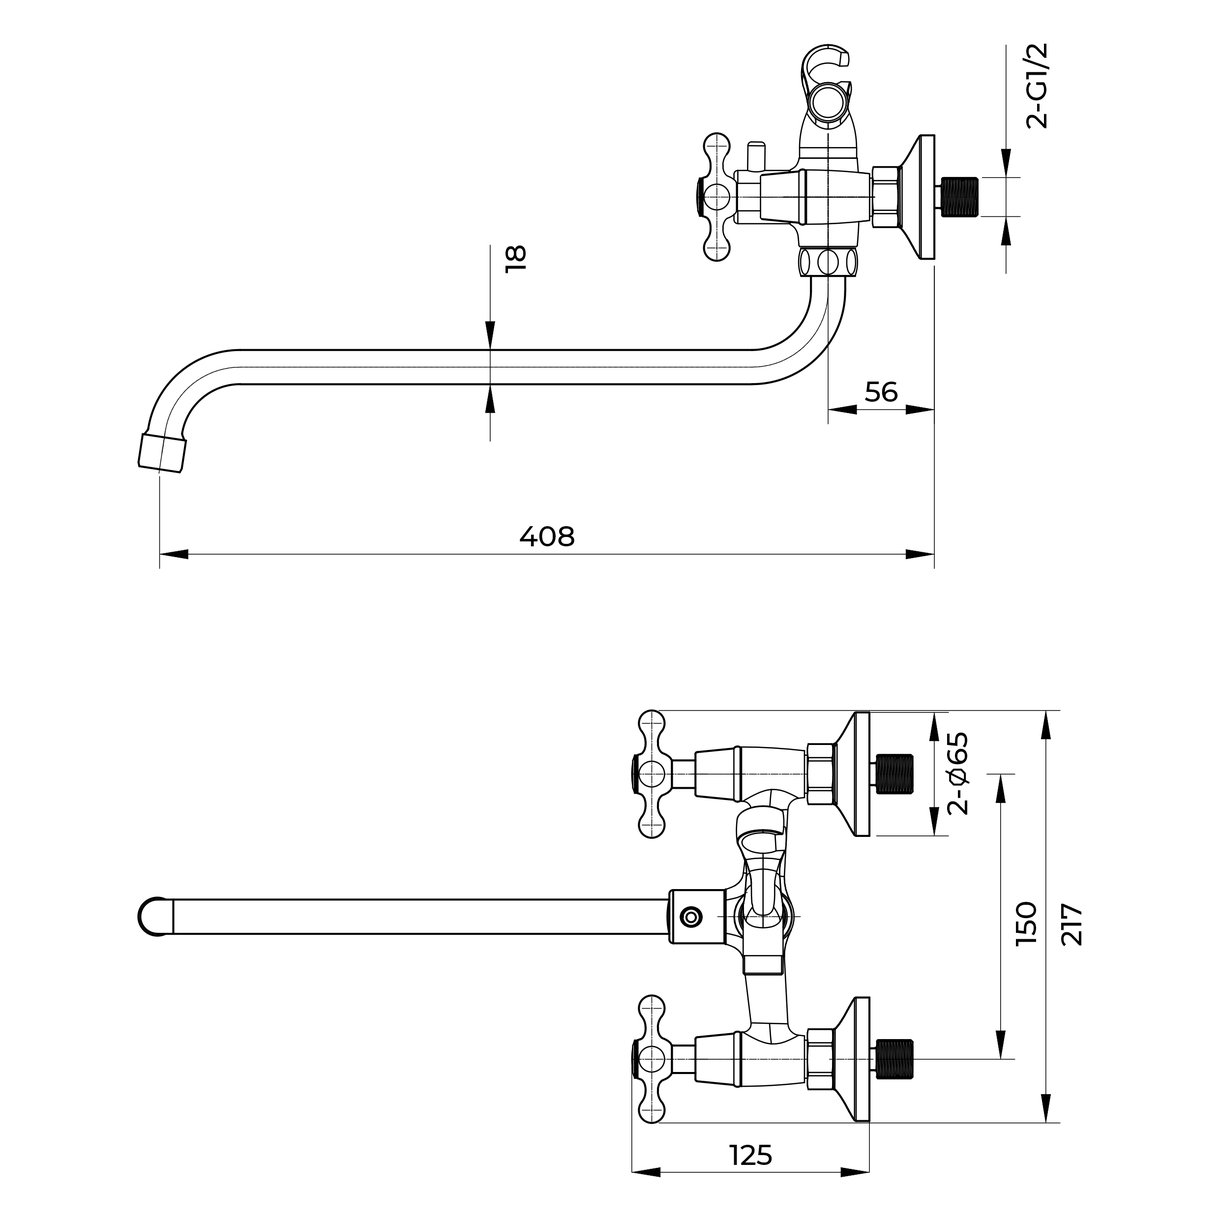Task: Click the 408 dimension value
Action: point(547,536)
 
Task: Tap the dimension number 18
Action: point(516,258)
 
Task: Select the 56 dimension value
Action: point(881,392)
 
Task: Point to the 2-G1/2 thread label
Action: point(1037,86)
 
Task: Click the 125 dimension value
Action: point(751,1137)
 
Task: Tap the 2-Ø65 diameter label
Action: point(957,773)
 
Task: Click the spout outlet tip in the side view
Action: point(163,452)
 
